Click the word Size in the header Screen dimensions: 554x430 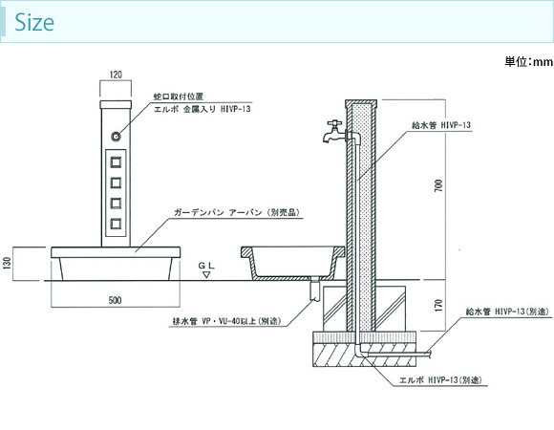click(34, 22)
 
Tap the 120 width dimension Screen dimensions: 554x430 click(116, 75)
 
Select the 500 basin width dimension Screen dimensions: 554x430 click(116, 300)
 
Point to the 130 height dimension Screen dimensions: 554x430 click(8, 263)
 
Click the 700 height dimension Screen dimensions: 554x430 click(438, 185)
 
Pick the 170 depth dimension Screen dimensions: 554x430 click(438, 305)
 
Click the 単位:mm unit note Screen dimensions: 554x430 click(528, 62)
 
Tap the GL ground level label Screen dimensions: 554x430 click(206, 266)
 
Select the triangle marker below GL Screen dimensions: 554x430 click(206, 274)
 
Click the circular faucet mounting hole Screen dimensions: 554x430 click(116, 136)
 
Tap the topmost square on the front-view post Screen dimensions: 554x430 click(116, 162)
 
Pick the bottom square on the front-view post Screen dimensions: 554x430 click(116, 224)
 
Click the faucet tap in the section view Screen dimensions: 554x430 click(334, 132)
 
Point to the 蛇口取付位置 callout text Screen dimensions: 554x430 click(179, 97)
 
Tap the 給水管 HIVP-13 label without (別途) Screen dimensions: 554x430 click(441, 125)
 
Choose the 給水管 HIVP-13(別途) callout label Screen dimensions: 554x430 click(508, 312)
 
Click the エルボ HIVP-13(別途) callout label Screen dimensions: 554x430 click(440, 380)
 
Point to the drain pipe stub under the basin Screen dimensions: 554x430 click(314, 290)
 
